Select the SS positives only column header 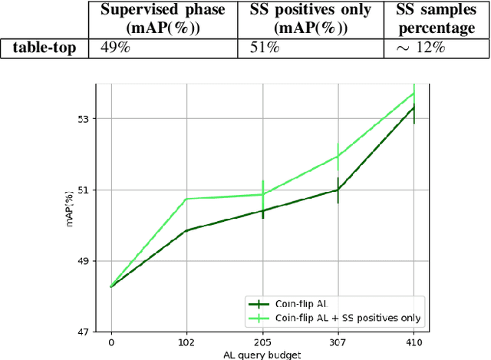pos(311,19)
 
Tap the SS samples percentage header pos(435,19)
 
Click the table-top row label pos(44,48)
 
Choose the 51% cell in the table pos(265,48)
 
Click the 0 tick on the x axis pos(111,342)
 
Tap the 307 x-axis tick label pos(338,342)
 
